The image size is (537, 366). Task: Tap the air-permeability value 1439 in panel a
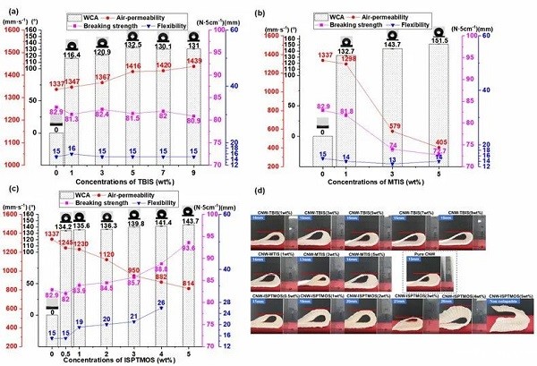(217, 61)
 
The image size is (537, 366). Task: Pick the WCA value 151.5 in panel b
(439, 40)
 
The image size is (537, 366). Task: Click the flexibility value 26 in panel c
(186, 304)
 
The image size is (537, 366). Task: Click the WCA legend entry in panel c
(77, 194)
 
